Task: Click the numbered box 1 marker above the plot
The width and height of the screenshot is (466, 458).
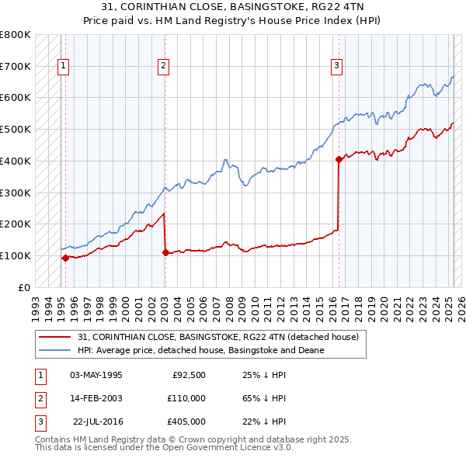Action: click(x=62, y=66)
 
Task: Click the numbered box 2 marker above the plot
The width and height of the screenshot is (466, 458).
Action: click(x=164, y=66)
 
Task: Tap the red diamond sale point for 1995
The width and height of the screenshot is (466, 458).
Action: click(x=65, y=258)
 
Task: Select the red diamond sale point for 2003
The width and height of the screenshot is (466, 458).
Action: click(x=165, y=252)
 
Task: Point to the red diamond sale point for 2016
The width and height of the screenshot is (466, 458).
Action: click(x=339, y=160)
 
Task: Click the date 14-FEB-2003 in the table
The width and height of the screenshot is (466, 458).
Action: click(x=96, y=398)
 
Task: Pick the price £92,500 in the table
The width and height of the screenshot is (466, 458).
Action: click(x=189, y=375)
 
